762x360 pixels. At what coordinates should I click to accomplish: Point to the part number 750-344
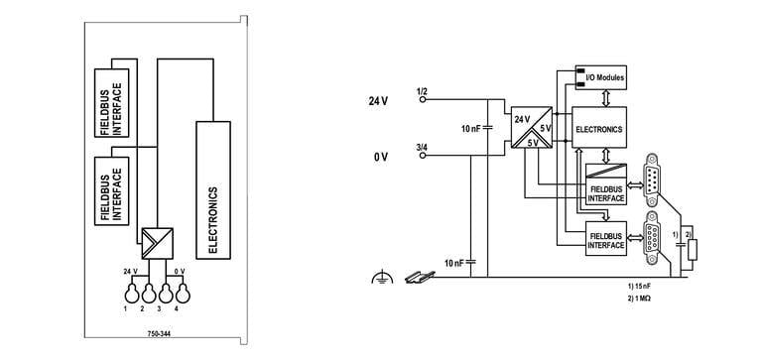point(157,335)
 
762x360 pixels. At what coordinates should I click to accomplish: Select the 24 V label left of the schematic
point(378,101)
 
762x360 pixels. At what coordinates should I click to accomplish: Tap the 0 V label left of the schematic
point(380,157)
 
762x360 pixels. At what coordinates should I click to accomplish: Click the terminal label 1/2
point(422,92)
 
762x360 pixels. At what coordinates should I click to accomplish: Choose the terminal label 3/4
point(422,148)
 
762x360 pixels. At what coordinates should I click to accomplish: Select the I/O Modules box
point(601,75)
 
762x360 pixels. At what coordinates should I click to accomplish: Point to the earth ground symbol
point(376,279)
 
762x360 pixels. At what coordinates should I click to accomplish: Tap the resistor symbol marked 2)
point(693,249)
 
